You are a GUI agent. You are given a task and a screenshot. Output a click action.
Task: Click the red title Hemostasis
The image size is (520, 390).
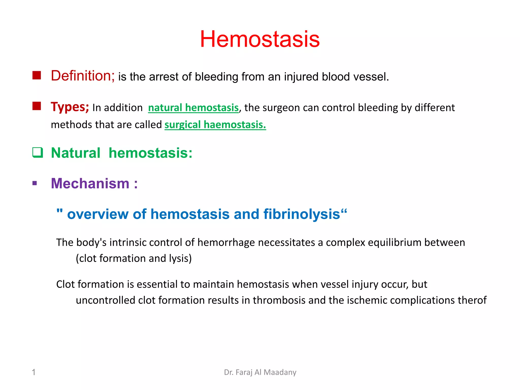(x=259, y=39)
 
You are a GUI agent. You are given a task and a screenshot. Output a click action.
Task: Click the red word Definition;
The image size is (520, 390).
(x=83, y=76)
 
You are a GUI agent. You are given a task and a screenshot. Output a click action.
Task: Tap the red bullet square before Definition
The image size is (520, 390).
(x=37, y=75)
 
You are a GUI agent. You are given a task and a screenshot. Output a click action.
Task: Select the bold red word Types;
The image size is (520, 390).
(x=70, y=107)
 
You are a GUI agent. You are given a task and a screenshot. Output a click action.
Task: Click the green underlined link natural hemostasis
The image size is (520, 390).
(x=193, y=108)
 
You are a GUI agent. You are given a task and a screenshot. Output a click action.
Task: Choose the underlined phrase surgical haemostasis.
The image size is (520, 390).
(x=215, y=125)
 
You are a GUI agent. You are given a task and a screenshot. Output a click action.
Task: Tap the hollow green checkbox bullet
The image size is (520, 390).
(x=38, y=153)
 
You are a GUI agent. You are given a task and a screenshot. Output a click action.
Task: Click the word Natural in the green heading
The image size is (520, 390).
(x=76, y=153)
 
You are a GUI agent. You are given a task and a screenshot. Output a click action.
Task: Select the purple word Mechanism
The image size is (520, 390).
(x=90, y=183)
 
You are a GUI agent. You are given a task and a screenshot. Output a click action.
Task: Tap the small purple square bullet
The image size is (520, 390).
(x=35, y=183)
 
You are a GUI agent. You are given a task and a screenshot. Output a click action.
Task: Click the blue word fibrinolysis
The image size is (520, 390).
(x=302, y=214)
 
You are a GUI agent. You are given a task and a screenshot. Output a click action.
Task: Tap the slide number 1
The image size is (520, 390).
(x=34, y=372)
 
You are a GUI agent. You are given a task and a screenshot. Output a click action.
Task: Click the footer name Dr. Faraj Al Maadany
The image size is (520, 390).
(x=260, y=372)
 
